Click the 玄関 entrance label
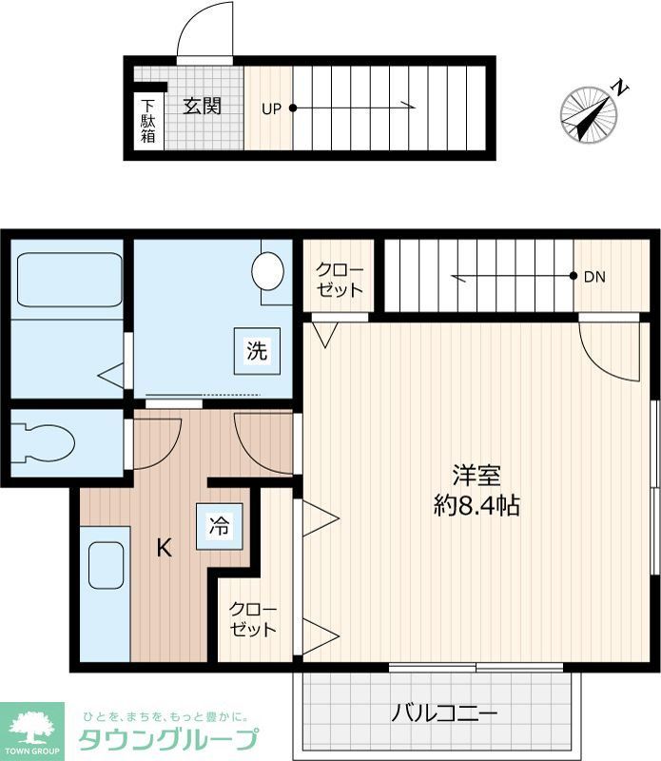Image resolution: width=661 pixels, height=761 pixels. coord(202,106)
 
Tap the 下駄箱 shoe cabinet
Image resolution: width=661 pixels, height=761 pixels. coord(148,121)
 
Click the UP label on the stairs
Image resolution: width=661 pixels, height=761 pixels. coord(271,108)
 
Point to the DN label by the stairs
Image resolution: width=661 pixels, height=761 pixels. coord(594,278)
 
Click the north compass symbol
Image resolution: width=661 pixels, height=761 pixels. coord(590,114)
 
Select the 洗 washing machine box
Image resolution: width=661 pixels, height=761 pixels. coord(257,350)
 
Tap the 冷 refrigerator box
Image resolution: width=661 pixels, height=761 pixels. coord(219,526)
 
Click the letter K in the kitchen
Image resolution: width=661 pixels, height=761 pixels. coord(165,548)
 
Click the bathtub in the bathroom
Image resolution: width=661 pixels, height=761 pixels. coord(69,280)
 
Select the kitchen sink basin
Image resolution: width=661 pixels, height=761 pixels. coord(107,569)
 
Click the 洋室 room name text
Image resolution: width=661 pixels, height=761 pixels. coord(476,475)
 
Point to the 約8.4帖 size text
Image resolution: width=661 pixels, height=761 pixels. coord(476,505)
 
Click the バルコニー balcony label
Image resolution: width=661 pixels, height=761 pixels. coord(445,713)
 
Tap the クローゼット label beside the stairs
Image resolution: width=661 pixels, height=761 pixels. coord(340,279)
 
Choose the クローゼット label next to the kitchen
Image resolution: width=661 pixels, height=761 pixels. coord(253,619)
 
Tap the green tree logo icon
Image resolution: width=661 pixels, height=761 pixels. coord(31,730)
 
